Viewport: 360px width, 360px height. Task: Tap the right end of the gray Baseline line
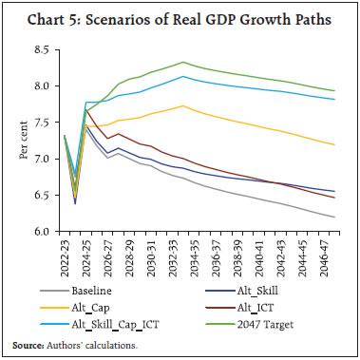tap(335, 218)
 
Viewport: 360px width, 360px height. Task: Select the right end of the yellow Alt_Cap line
tap(335, 144)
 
